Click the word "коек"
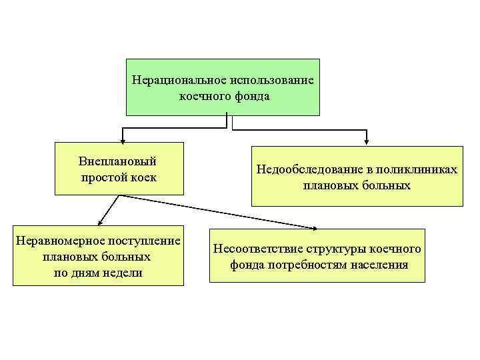pos(144,177)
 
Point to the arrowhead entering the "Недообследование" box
pos(366,141)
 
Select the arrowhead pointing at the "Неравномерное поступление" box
pos(98,224)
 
